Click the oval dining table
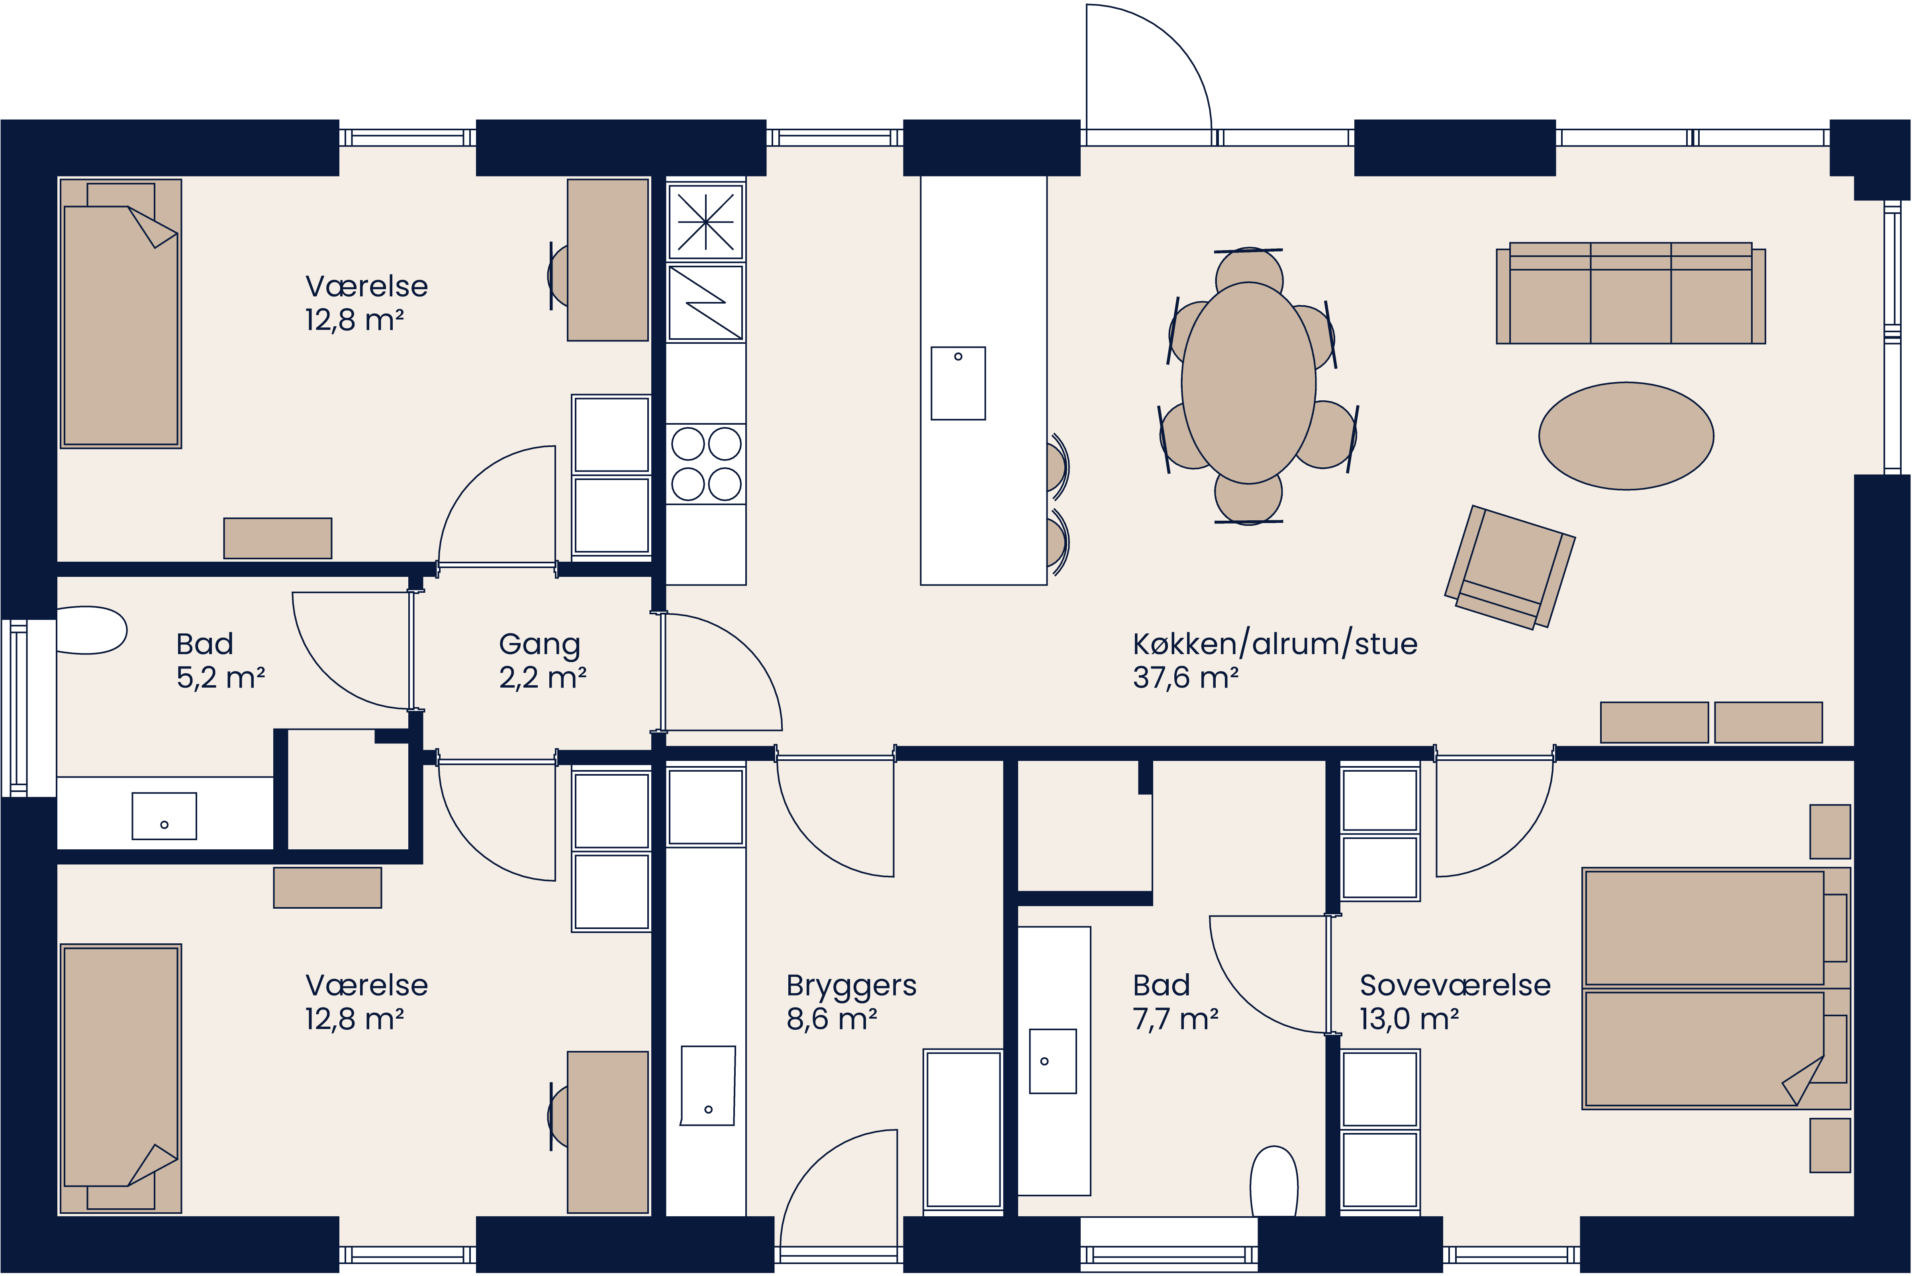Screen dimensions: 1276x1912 1248,382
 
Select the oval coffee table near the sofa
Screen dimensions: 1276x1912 1626,436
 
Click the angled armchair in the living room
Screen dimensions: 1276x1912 1509,567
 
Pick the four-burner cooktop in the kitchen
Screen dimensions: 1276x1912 705,464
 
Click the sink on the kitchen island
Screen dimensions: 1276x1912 958,383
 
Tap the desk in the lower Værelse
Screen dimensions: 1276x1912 607,1131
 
